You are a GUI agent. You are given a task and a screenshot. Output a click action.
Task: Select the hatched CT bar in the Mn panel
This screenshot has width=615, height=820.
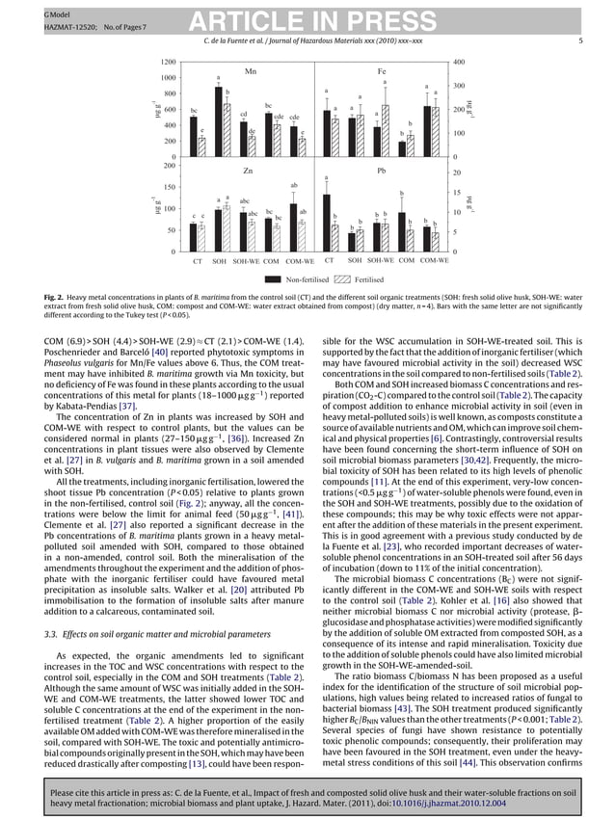[202, 146]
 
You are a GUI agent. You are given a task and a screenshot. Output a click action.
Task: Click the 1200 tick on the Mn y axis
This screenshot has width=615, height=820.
[170, 61]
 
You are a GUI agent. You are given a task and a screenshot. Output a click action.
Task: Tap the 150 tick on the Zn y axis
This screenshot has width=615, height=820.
[172, 187]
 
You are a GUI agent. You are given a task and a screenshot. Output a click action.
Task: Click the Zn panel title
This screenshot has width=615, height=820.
[249, 171]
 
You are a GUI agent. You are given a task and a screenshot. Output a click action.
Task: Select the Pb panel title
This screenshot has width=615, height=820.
[382, 171]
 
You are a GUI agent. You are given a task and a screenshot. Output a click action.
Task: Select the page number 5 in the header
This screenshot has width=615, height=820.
[580, 40]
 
